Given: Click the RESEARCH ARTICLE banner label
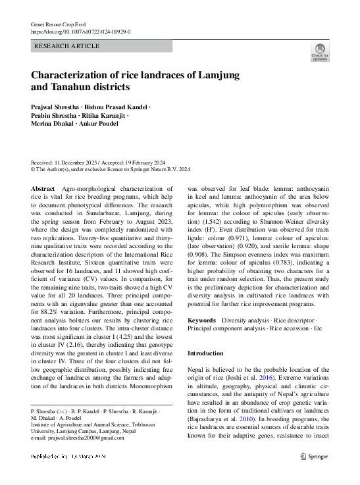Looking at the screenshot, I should [x=66, y=46].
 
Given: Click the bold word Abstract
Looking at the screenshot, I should [x=43, y=189].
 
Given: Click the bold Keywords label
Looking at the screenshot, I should [x=201, y=320].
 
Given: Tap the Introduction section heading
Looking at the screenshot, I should [x=206, y=353].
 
